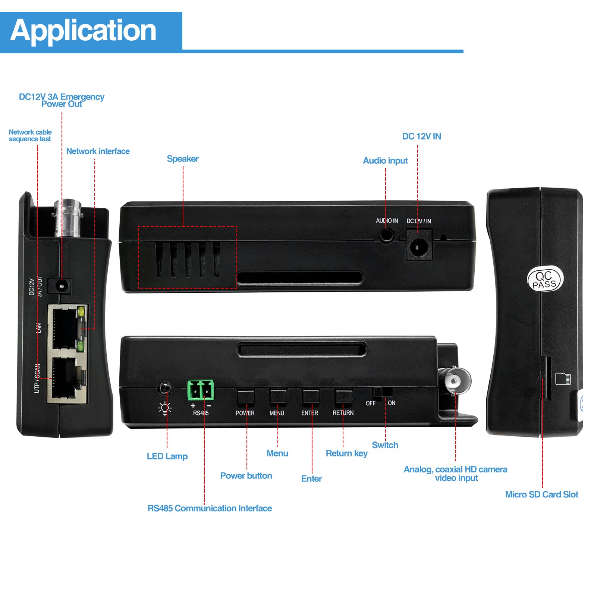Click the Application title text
coord(83,31)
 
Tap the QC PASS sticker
coord(545,279)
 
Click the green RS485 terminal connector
coord(201,390)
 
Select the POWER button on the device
coord(245,397)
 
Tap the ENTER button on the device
coord(311,397)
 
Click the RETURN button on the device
coord(343,397)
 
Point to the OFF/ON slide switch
coord(382,392)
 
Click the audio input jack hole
coord(387,236)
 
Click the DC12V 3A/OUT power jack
coord(60,286)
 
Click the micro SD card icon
coord(563,378)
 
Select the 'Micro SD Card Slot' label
coord(541,494)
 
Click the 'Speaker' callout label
coord(183,159)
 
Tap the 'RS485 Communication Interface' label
coord(210,508)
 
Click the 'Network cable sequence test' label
coord(30,135)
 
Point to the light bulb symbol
coord(165,409)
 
